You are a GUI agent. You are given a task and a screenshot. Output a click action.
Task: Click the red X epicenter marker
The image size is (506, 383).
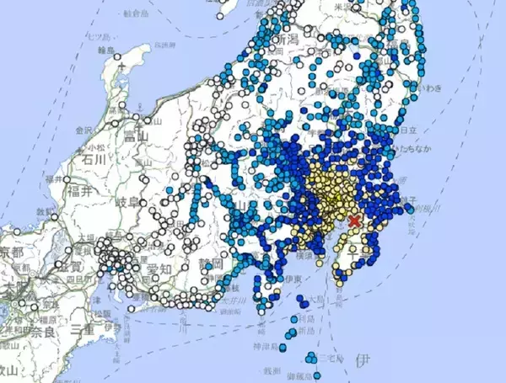pos(355,221)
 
